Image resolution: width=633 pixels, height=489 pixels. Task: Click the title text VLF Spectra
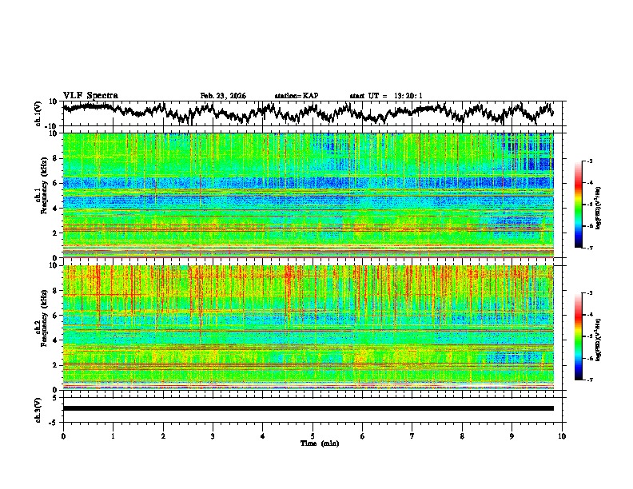pos(90,95)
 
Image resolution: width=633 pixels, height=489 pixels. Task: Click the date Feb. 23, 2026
pos(223,96)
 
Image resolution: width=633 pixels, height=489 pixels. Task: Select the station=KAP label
pos(296,96)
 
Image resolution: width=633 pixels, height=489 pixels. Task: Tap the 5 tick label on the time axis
pos(313,435)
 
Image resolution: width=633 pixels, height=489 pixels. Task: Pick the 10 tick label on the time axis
pos(562,435)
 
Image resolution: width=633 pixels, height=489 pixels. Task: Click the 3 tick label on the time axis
pos(213,435)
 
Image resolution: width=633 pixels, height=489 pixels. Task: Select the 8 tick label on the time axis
pos(462,435)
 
